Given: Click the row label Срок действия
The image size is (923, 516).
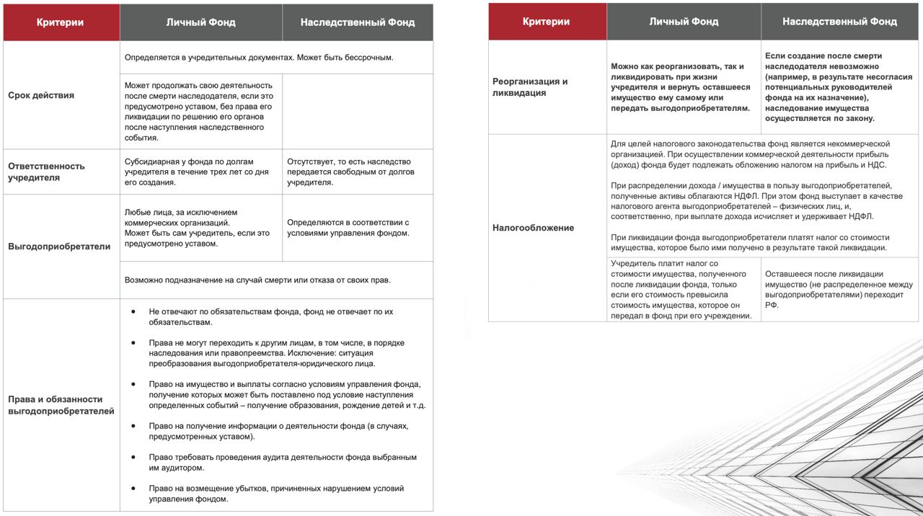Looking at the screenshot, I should (x=41, y=95).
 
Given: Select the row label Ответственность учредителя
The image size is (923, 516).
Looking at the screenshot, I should (x=46, y=172).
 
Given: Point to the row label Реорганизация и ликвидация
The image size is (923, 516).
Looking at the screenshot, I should (x=530, y=87).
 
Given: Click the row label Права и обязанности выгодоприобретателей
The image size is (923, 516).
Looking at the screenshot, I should (x=61, y=405).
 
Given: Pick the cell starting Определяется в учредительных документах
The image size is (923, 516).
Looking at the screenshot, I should (x=258, y=58).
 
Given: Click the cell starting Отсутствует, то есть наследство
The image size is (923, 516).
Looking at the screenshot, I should (x=348, y=172).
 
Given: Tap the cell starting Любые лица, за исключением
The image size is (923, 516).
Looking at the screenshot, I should (x=197, y=228).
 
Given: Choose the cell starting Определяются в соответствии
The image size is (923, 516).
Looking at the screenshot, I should (x=348, y=228).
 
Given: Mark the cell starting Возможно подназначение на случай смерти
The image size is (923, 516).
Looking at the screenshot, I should (x=257, y=280).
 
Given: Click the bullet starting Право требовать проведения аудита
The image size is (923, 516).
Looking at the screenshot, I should (x=283, y=463).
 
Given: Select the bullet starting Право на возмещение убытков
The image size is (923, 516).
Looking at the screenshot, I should (x=276, y=494).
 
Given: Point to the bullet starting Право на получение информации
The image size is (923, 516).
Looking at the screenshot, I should (x=278, y=431).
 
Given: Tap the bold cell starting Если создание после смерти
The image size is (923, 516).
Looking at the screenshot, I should (x=839, y=87).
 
